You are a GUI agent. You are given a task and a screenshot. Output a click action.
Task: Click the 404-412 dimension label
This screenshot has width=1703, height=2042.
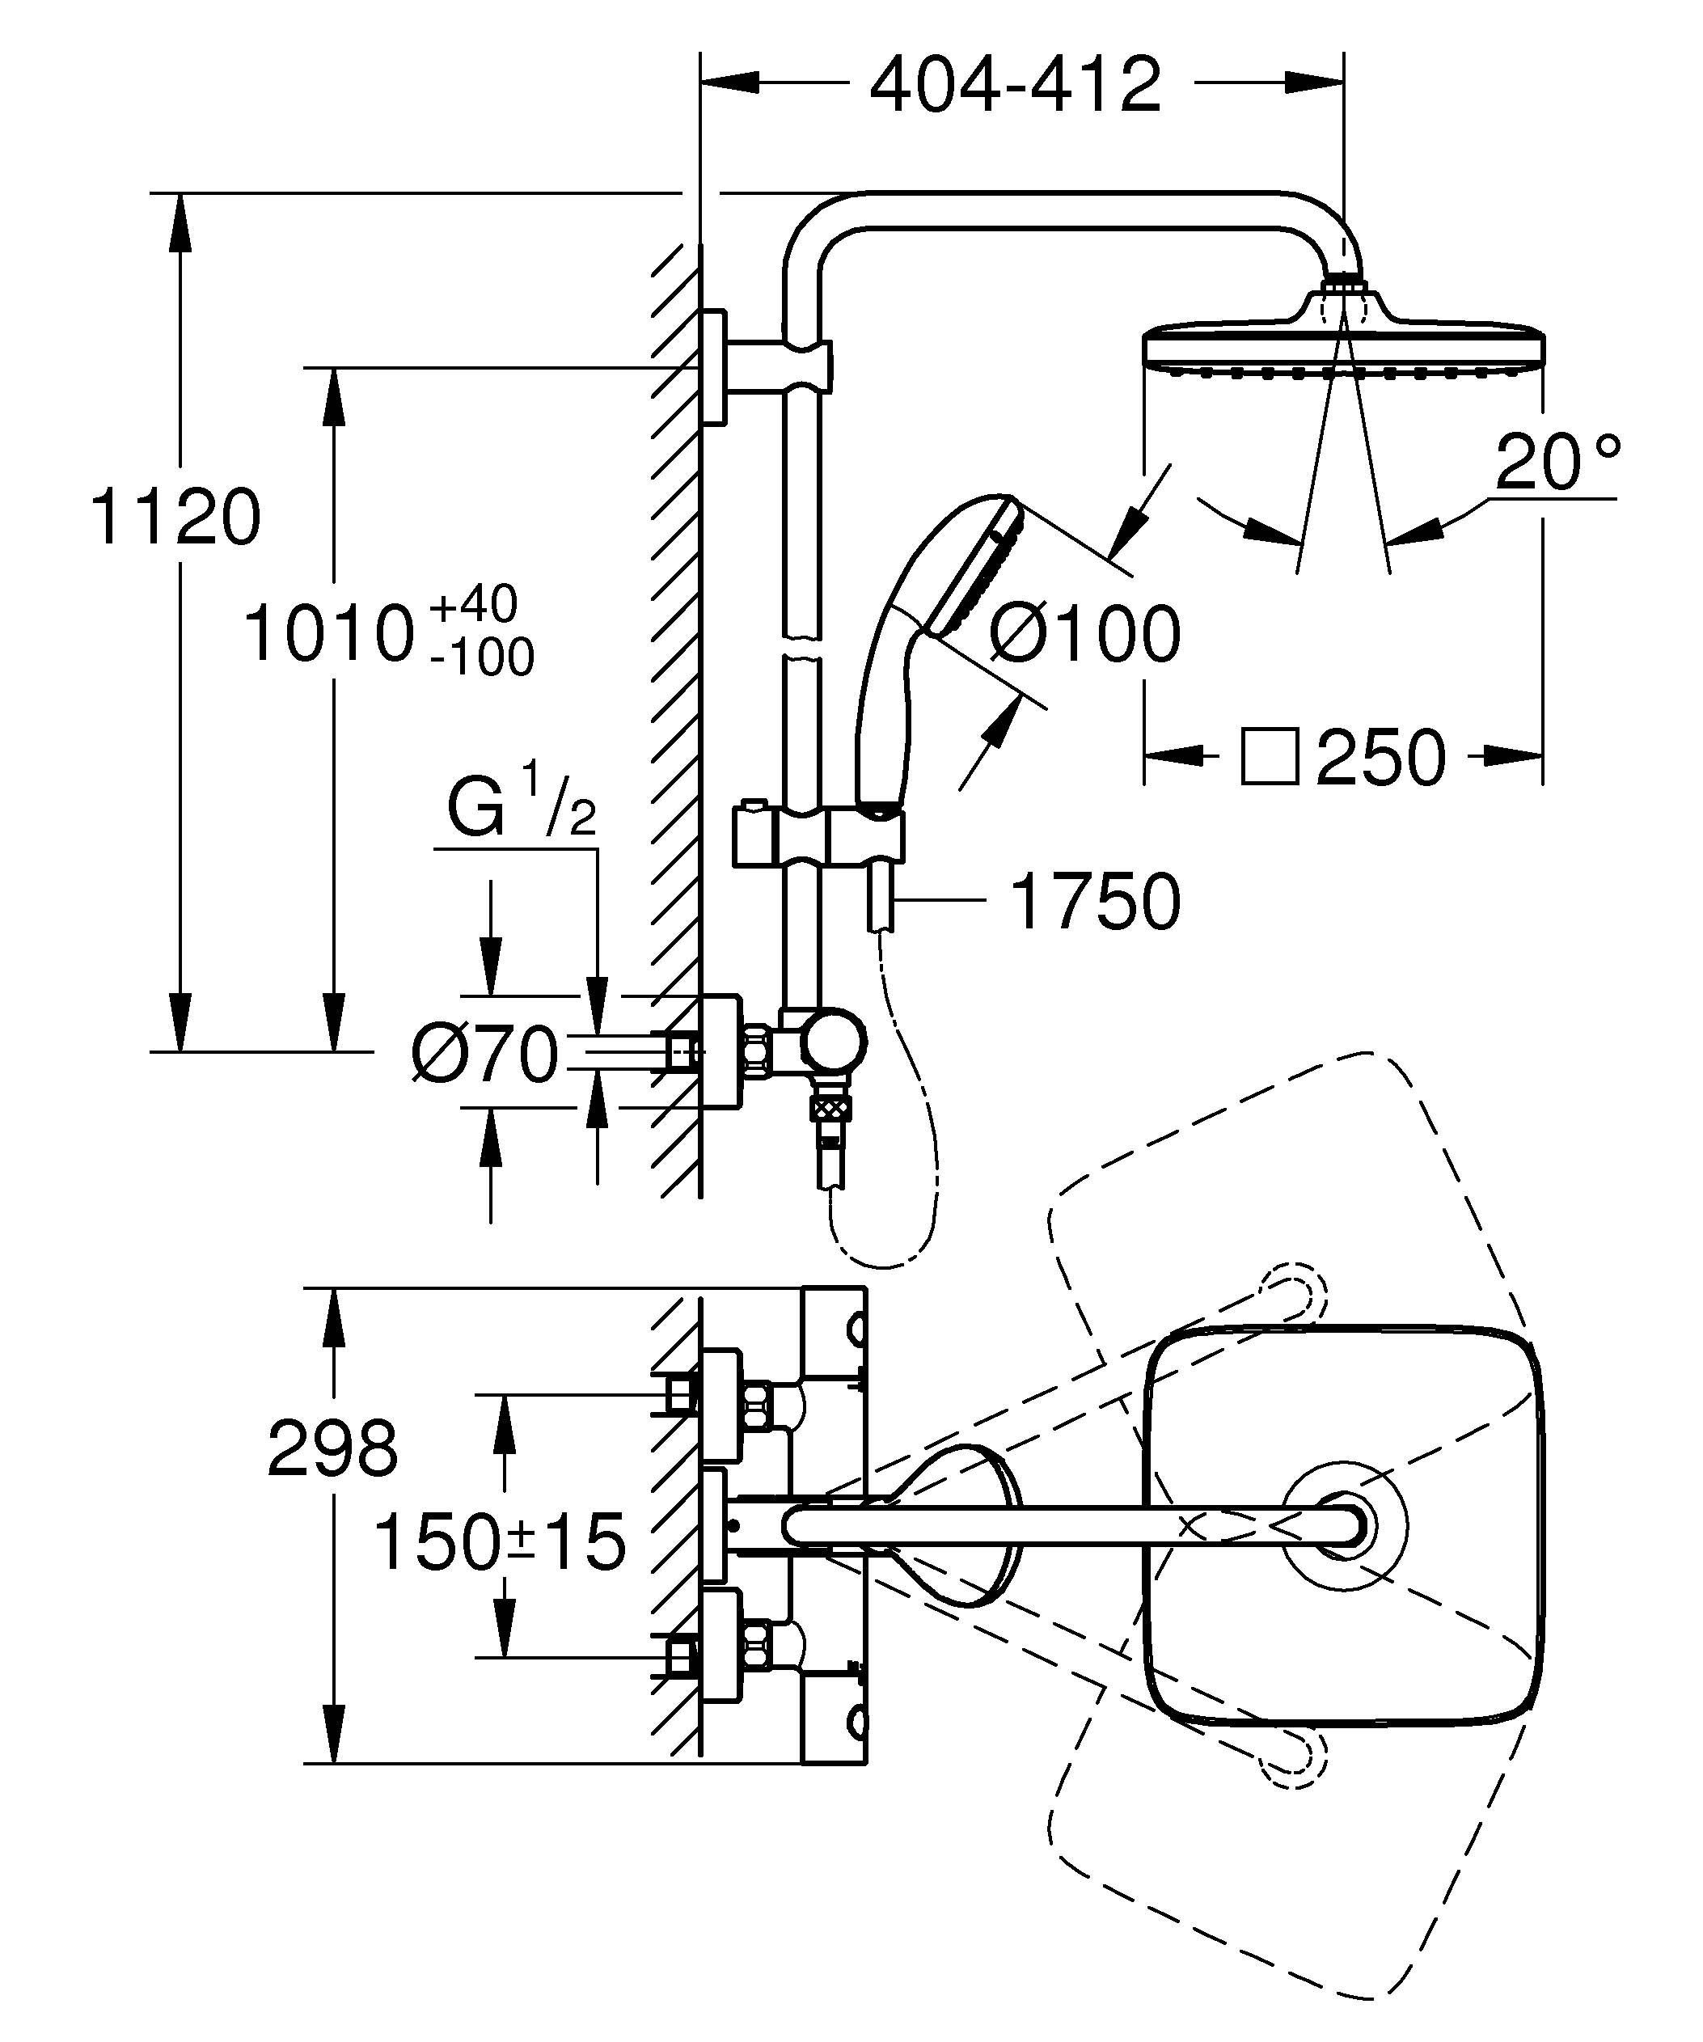(1015, 85)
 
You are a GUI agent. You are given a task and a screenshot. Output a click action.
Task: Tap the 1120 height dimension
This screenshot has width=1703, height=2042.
(175, 518)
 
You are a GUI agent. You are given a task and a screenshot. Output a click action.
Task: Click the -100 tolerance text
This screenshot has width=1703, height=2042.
(482, 658)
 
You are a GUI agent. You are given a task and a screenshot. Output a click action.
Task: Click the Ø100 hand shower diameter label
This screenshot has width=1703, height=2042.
(1084, 634)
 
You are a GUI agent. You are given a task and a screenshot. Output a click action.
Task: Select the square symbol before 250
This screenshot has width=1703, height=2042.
(1270, 756)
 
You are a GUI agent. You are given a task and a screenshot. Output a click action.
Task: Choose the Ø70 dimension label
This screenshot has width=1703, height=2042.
(485, 1053)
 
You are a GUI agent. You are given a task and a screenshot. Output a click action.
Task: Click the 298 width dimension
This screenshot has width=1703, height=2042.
(332, 1449)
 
